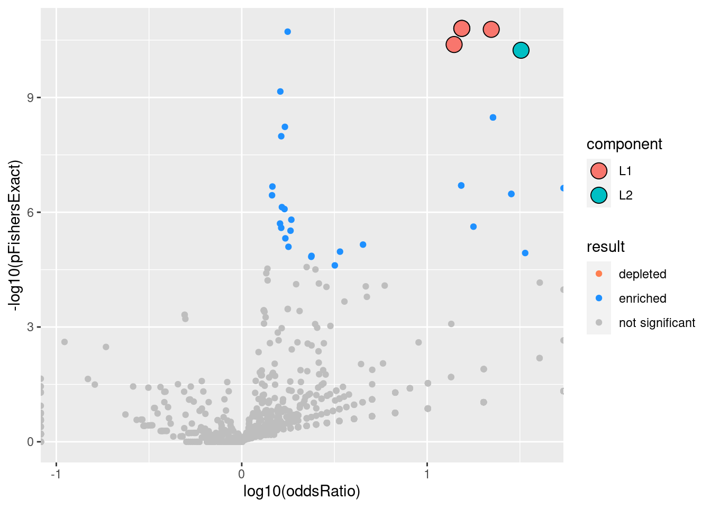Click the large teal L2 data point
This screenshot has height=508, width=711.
(x=521, y=50)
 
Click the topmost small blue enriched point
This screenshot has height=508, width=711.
(x=287, y=32)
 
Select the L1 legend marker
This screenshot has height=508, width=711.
(x=598, y=171)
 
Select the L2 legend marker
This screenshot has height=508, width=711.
(x=598, y=195)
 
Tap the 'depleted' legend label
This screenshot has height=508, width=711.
(x=642, y=274)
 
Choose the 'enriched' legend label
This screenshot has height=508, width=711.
(x=642, y=298)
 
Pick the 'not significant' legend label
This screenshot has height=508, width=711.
(x=657, y=323)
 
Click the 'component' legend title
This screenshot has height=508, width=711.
(x=624, y=144)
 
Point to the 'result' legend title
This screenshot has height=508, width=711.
(x=606, y=247)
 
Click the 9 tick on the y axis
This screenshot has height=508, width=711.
(x=31, y=98)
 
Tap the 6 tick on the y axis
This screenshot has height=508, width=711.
(x=31, y=212)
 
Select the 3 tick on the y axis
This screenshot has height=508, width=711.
(x=31, y=327)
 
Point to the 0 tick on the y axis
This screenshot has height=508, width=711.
(x=31, y=442)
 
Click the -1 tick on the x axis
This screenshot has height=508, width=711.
(x=56, y=473)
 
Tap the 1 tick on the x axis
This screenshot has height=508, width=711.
(x=427, y=473)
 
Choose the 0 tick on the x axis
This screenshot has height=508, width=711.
(x=242, y=473)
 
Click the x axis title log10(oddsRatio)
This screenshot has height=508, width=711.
(x=302, y=492)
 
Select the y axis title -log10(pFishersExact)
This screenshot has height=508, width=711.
(x=15, y=235)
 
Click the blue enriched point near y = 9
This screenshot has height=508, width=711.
(x=280, y=92)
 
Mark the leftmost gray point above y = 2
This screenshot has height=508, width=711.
(x=65, y=342)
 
